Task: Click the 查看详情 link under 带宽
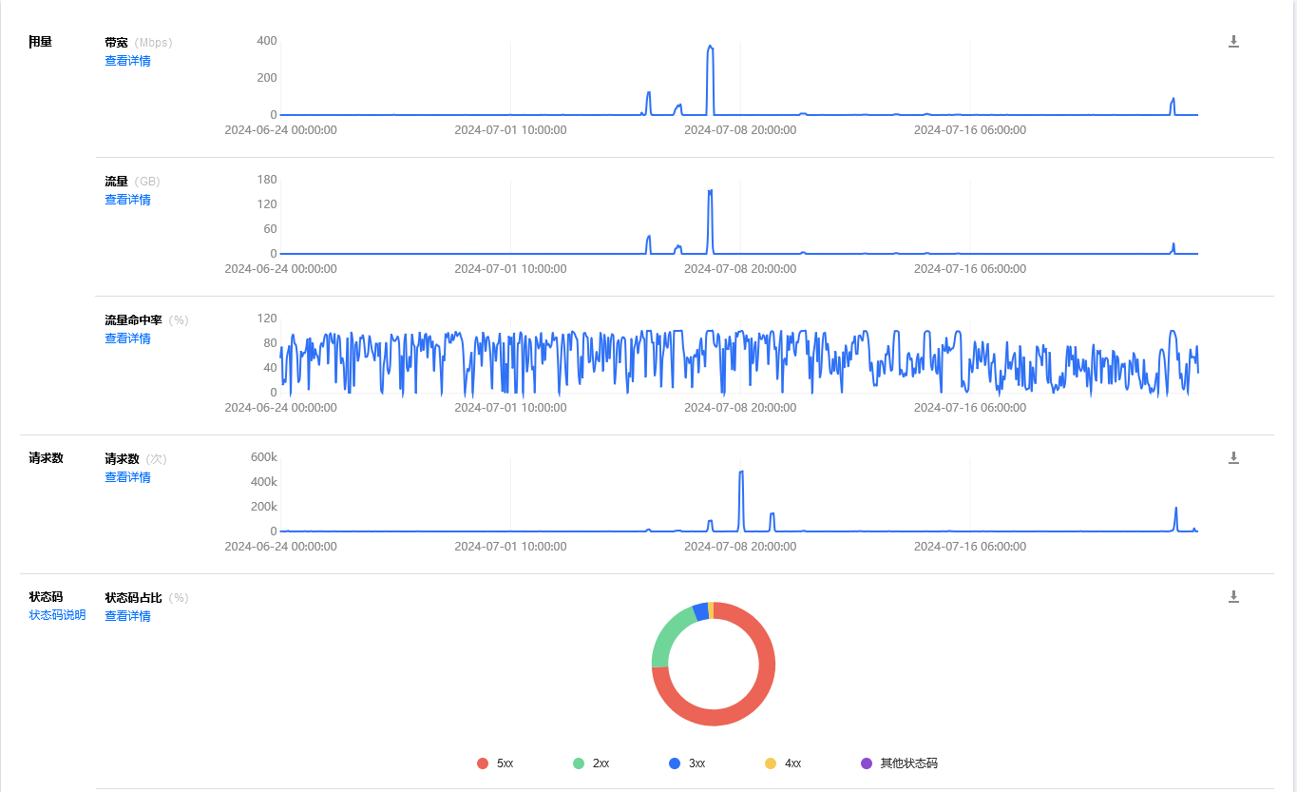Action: [127, 61]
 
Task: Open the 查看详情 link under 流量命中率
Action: [127, 338]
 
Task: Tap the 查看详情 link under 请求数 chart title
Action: [127, 477]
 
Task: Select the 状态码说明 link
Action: [57, 615]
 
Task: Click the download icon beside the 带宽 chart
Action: [1233, 42]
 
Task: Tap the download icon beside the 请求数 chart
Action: [1233, 458]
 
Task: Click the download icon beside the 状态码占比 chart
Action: [1233, 597]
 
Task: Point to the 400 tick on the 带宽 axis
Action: [266, 41]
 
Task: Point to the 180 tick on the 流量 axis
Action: [266, 180]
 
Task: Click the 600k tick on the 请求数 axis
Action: [263, 457]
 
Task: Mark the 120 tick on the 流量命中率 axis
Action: [266, 319]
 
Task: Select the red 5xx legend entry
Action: [495, 763]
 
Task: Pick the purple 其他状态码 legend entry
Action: [899, 763]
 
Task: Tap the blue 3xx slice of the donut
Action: [700, 611]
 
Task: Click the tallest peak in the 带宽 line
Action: [710, 47]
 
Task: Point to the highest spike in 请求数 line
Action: [741, 472]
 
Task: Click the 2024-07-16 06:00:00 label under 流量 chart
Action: [969, 269]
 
